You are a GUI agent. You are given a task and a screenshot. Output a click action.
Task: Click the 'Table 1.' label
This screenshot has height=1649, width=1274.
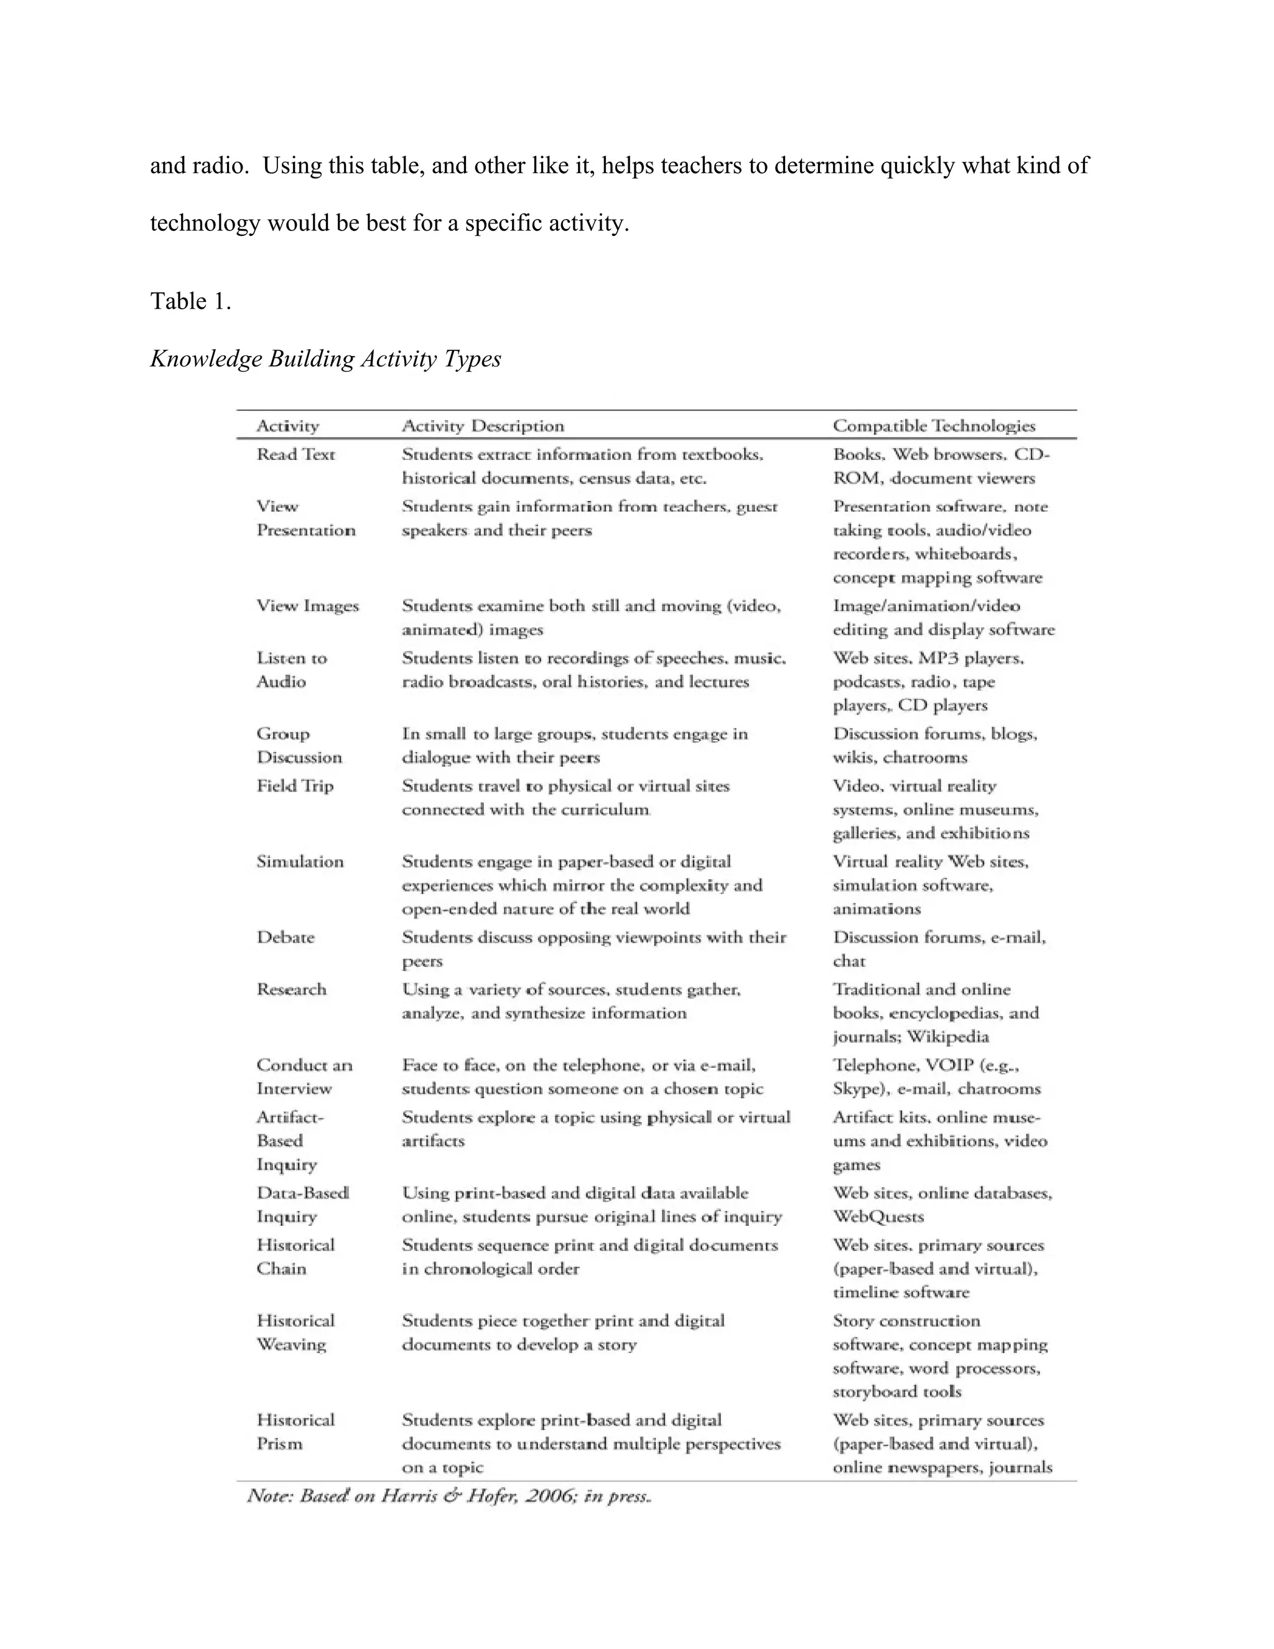click(190, 301)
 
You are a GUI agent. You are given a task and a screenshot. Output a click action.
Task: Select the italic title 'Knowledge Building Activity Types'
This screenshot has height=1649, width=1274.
click(325, 358)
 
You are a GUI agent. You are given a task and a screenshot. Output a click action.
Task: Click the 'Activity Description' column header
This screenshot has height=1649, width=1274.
click(482, 426)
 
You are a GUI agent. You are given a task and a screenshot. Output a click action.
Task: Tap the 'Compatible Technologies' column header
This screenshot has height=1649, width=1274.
click(934, 426)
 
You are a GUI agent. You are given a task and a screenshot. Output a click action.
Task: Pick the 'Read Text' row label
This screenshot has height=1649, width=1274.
click(295, 454)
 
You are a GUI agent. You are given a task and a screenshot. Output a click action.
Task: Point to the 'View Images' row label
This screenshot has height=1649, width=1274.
click(307, 605)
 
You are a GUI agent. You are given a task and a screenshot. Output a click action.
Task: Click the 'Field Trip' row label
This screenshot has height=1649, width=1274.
click(294, 786)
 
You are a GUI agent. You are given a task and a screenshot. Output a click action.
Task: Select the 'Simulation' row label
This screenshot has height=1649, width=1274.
click(300, 861)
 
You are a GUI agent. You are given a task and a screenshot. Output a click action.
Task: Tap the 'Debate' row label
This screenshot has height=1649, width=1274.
click(286, 937)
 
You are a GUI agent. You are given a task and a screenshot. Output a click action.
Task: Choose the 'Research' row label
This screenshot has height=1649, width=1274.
click(291, 989)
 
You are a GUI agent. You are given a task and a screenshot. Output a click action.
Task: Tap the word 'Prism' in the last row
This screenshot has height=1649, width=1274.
click(279, 1444)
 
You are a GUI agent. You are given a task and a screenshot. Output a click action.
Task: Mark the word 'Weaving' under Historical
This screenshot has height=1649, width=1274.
click(291, 1345)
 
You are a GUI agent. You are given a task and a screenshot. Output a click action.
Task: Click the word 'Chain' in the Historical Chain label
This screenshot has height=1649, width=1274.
click(281, 1268)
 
